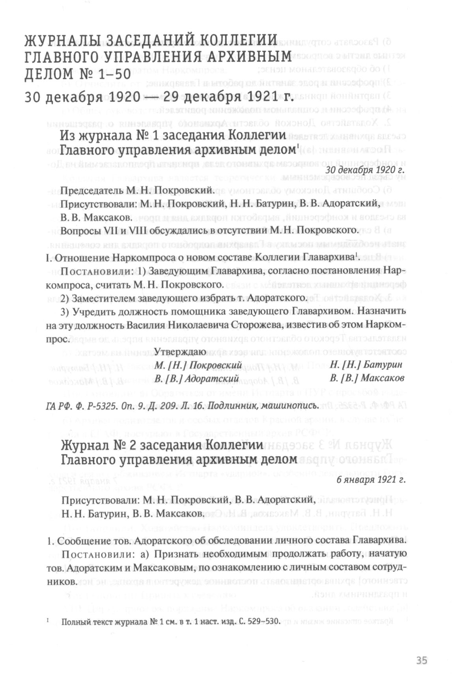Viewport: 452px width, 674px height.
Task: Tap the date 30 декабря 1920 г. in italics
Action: coord(366,171)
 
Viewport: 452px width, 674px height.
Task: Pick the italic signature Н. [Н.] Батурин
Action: coord(366,365)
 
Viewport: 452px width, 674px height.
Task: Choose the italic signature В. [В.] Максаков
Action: coord(367,378)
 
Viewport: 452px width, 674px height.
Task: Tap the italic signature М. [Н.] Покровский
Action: coord(198,365)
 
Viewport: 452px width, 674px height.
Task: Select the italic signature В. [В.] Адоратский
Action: coord(197,378)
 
